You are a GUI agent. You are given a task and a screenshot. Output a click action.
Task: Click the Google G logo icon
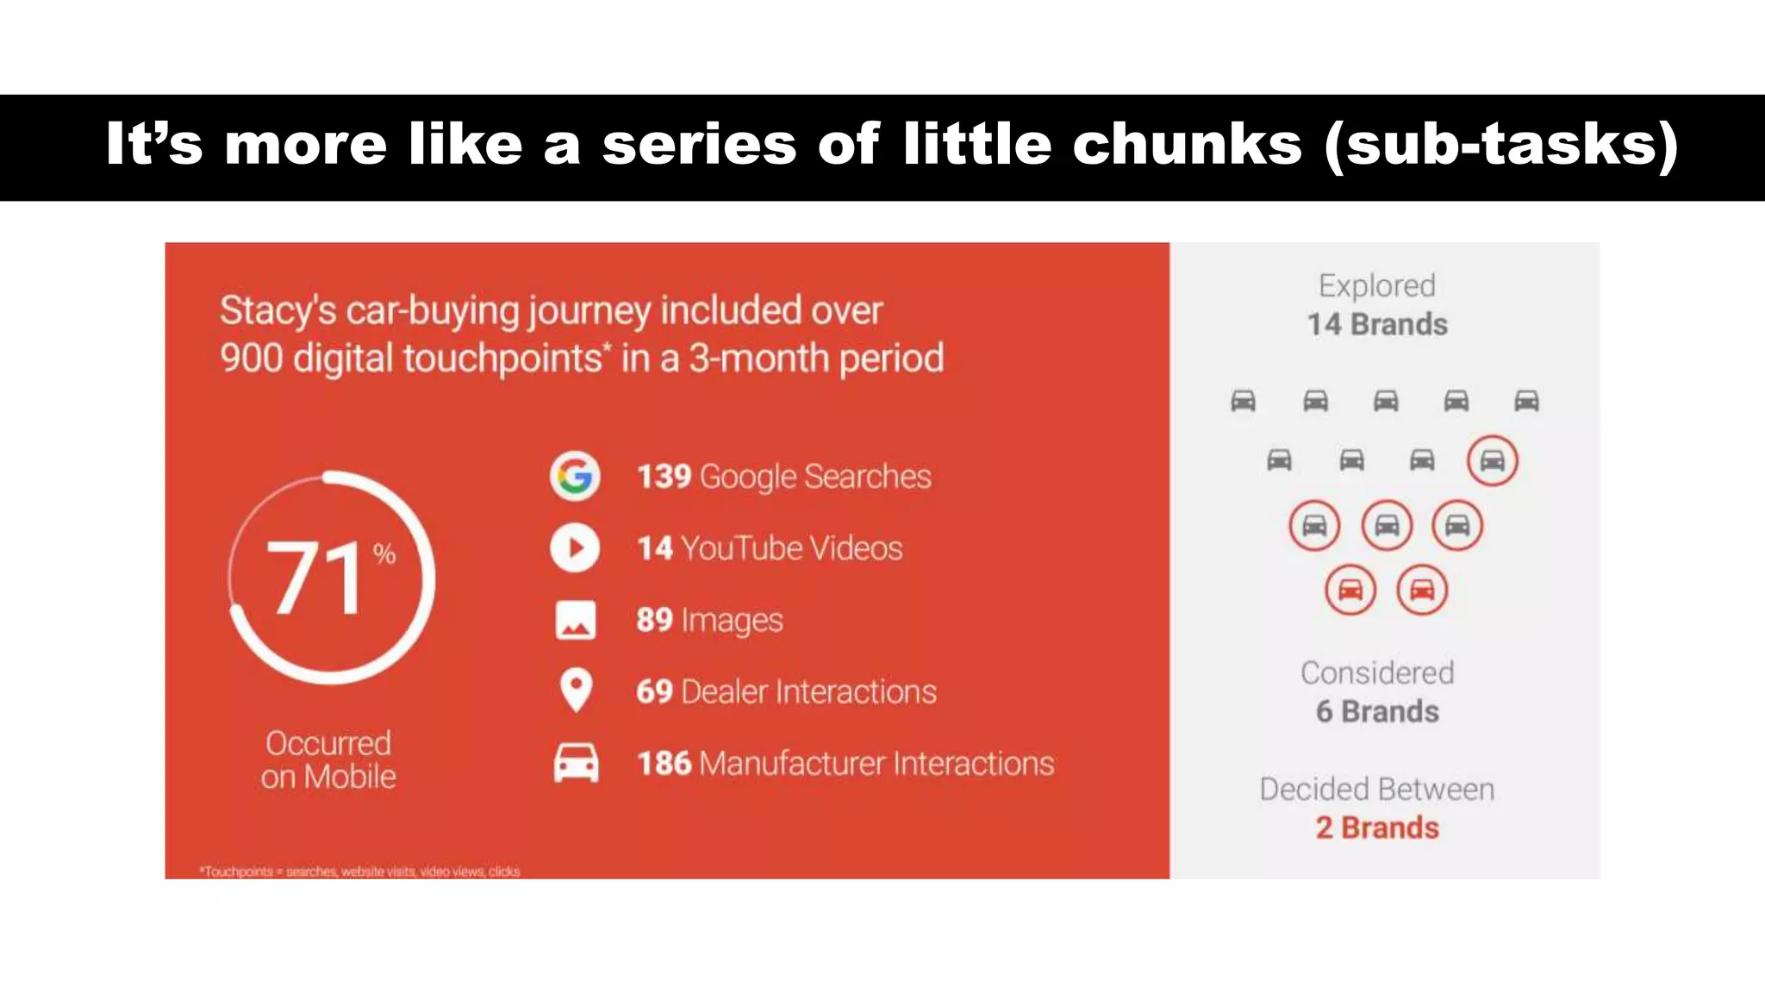tap(575, 476)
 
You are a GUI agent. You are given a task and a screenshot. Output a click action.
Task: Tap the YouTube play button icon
tap(575, 547)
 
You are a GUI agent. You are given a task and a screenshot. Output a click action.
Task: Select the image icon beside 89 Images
tap(575, 620)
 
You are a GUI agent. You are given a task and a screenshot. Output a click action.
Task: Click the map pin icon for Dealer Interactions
tap(575, 690)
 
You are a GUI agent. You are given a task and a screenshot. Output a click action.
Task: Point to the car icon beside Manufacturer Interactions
tap(575, 763)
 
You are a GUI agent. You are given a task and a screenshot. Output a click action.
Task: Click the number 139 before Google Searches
tap(664, 477)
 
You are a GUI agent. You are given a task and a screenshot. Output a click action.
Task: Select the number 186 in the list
tap(664, 764)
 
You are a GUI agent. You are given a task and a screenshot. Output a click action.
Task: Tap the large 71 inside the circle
tap(315, 578)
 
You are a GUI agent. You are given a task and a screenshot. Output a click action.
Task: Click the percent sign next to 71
tap(384, 553)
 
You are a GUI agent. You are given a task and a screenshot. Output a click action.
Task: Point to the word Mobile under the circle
tap(350, 778)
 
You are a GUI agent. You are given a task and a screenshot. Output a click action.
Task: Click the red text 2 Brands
tap(1377, 827)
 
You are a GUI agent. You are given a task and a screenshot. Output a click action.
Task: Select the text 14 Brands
tap(1377, 325)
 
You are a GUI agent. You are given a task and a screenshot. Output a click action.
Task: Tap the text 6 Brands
tap(1377, 712)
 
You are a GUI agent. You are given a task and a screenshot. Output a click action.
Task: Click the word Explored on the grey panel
tap(1377, 286)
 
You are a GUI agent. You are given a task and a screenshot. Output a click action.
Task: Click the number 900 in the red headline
tap(251, 358)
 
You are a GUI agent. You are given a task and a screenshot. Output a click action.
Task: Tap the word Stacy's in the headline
tap(278, 311)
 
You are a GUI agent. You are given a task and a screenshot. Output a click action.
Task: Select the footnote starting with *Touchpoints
tap(359, 871)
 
